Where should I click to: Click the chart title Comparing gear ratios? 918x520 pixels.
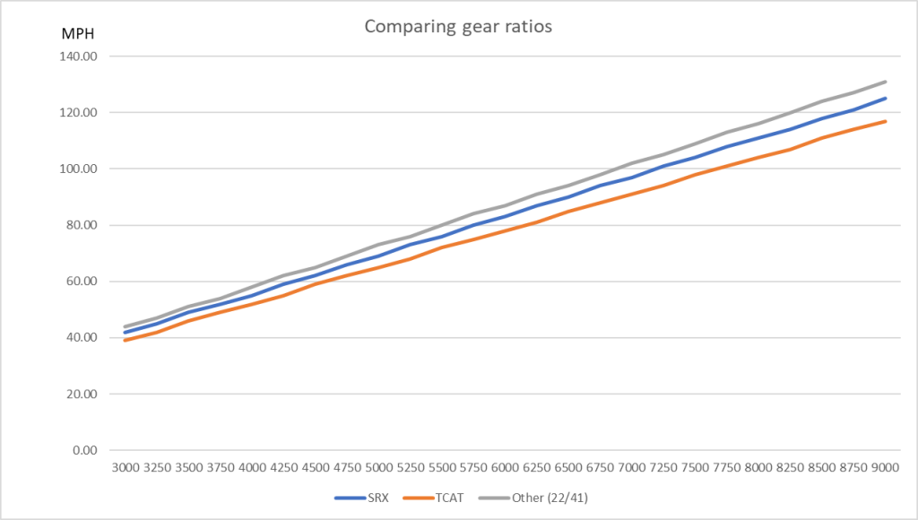[x=458, y=26]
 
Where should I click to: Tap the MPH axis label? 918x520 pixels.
[x=75, y=36]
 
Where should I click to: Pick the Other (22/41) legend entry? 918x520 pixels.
[x=538, y=497]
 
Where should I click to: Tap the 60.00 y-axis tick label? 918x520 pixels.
[x=78, y=282]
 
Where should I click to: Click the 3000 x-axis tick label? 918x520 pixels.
[x=126, y=467]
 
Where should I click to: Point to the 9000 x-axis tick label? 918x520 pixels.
[x=885, y=467]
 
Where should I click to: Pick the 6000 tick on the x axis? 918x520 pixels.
[x=506, y=467]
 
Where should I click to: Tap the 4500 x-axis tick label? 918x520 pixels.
[x=316, y=467]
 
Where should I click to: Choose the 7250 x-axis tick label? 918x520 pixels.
[x=663, y=467]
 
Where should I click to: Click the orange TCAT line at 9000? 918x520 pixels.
[x=885, y=121]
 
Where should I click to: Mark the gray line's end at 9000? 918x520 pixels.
[x=885, y=82]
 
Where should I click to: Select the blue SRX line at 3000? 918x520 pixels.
[x=126, y=333]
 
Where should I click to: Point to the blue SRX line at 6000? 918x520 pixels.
[x=506, y=216]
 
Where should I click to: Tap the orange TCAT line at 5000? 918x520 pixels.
[x=379, y=267]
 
